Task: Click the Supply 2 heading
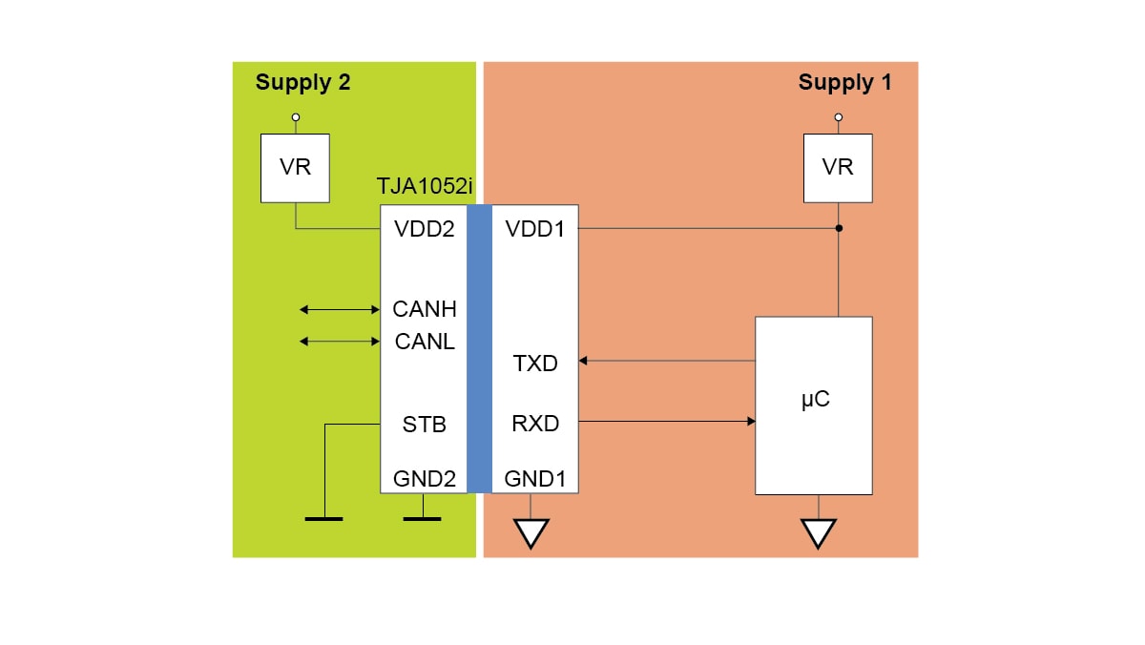pos(302,83)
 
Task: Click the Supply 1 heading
pos(844,83)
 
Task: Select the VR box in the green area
pos(295,168)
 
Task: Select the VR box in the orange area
pos(838,168)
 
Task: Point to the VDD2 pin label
pos(425,229)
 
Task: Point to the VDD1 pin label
pos(535,229)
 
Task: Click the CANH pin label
pos(425,309)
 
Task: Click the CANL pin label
pos(425,341)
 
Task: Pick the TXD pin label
pos(535,364)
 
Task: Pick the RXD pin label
pos(535,424)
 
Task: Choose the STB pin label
pos(425,425)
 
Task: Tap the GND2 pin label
pos(425,479)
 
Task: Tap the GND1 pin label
pos(535,479)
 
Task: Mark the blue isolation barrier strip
pos(479,348)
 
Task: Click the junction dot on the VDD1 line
pos(839,229)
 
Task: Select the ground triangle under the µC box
pos(818,532)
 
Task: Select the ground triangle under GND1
pos(531,532)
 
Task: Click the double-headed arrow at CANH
pos(340,309)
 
